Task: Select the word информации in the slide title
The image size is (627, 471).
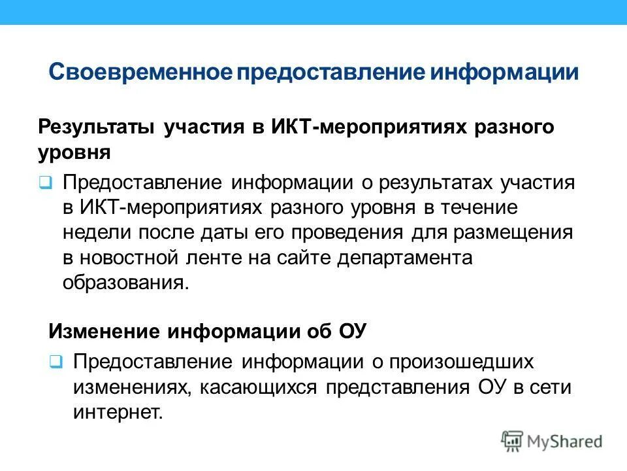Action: [504, 71]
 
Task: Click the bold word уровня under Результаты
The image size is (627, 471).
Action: [74, 152]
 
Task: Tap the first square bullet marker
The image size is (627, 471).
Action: [44, 183]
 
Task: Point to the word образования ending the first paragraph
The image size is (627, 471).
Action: [124, 283]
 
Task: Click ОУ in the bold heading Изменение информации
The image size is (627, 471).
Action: [353, 331]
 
